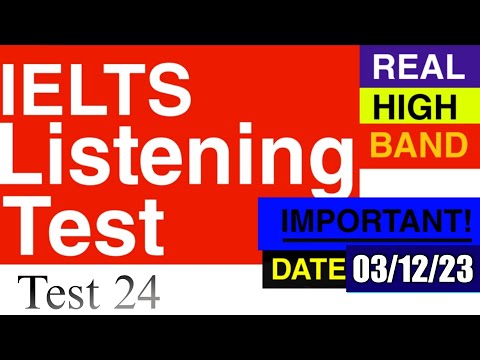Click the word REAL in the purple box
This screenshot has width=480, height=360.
click(x=418, y=68)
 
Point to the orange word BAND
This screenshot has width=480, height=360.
click(x=418, y=146)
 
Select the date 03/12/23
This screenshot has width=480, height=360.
click(x=412, y=268)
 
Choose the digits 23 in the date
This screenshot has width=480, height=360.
click(x=456, y=268)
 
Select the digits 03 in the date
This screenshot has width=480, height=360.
click(x=369, y=268)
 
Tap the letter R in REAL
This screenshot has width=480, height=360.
click(x=385, y=68)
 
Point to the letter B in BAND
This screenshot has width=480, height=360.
click(x=381, y=146)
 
